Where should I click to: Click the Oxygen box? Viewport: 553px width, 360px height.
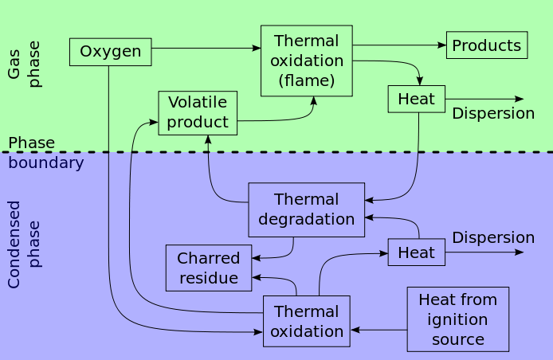tap(110, 53)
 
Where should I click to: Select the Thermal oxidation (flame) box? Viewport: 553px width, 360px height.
tap(307, 61)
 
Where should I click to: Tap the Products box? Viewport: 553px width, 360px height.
tap(487, 45)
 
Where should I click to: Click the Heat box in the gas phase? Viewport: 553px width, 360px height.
tap(416, 99)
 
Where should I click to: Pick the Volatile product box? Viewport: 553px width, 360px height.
tap(198, 112)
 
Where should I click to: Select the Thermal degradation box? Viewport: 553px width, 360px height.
tap(307, 209)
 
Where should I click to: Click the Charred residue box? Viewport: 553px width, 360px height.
tap(209, 268)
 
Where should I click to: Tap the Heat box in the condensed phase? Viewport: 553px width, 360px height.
tap(416, 252)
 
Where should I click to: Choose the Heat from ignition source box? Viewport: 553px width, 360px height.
tap(457, 319)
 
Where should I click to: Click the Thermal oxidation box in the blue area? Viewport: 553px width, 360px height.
tap(307, 321)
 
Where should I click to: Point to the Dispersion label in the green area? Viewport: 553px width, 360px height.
tap(493, 113)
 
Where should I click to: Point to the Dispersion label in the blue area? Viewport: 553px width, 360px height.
tap(493, 237)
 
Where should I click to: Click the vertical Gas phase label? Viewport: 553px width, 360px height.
tap(24, 64)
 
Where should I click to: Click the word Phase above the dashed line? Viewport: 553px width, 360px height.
tap(32, 143)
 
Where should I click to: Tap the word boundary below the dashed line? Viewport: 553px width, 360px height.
tap(46, 163)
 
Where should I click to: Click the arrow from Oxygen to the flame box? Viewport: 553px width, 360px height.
tap(206, 49)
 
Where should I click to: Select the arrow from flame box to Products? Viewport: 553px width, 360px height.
tap(398, 45)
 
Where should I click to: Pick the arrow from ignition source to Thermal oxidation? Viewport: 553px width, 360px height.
tap(378, 329)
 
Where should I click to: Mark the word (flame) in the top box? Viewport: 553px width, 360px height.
tap(307, 80)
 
